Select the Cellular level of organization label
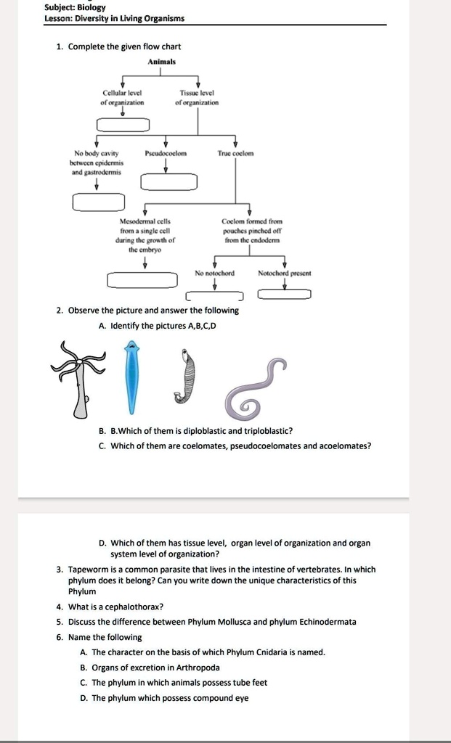click(x=123, y=98)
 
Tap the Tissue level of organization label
click(x=197, y=98)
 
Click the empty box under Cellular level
click(x=123, y=126)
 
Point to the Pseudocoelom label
click(x=166, y=154)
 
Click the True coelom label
click(x=235, y=154)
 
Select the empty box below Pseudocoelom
click(x=168, y=181)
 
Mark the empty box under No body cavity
click(x=98, y=201)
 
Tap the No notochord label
click(x=214, y=274)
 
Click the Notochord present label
click(x=284, y=274)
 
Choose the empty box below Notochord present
click(x=284, y=294)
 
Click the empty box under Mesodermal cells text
click(x=142, y=280)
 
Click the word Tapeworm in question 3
click(x=90, y=570)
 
